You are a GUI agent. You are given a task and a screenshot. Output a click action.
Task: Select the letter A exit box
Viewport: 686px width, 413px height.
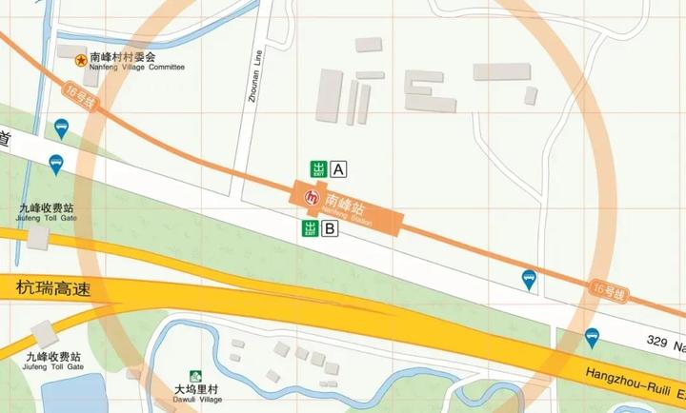(x=338, y=170)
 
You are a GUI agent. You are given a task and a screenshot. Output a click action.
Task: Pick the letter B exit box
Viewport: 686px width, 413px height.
(x=330, y=228)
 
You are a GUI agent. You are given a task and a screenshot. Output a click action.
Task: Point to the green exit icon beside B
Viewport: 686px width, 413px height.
(x=309, y=228)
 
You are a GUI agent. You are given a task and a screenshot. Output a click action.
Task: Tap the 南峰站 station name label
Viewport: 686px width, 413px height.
(x=345, y=204)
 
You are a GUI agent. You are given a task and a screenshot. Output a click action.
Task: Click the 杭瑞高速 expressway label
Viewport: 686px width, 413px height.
(x=52, y=288)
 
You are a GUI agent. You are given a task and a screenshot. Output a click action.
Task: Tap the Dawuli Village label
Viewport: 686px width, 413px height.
(x=197, y=394)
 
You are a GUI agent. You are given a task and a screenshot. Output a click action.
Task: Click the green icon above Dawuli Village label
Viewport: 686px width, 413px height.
(x=195, y=377)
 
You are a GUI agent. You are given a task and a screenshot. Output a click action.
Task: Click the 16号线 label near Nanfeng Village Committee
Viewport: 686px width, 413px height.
(x=80, y=97)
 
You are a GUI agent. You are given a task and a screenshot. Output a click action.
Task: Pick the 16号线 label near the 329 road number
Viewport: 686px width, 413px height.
(x=608, y=290)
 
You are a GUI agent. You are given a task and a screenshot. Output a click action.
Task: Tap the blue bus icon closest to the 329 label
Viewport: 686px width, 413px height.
(x=593, y=336)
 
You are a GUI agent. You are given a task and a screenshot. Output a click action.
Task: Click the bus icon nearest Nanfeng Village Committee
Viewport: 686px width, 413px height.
(x=61, y=127)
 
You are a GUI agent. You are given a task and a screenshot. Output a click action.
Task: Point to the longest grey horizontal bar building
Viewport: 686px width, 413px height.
(x=501, y=71)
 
